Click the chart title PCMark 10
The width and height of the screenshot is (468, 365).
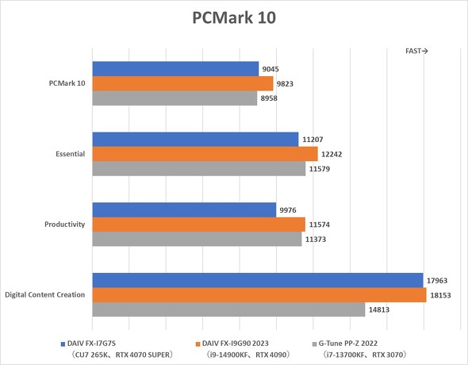233,18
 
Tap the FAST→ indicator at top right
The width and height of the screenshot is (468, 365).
416,51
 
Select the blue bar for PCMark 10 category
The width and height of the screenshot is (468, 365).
175,69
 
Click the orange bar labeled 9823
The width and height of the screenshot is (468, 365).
182,83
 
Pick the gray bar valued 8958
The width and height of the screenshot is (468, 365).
175,98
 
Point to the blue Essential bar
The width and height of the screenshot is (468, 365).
195,139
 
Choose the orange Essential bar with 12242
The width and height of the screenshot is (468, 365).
205,154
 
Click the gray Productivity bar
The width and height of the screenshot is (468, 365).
197,239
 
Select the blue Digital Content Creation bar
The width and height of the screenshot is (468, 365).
258,280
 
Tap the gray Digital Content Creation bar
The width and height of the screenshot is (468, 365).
228,309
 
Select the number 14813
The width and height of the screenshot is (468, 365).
380,309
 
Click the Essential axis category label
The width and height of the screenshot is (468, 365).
70,154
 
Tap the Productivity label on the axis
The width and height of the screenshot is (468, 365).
65,225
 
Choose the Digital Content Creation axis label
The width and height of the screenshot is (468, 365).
44,295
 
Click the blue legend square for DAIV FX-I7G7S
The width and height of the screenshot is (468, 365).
63,344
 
